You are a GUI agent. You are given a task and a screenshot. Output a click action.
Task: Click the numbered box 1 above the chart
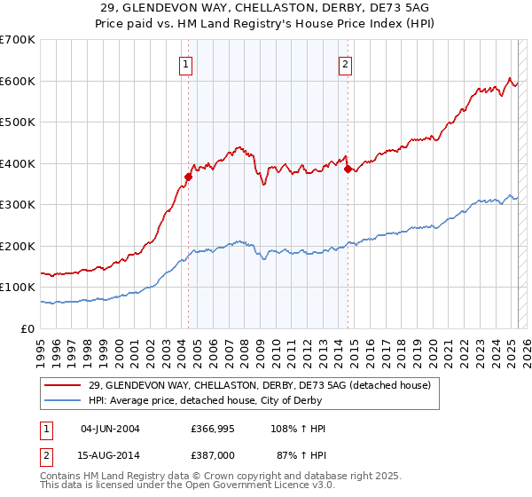tap(186, 63)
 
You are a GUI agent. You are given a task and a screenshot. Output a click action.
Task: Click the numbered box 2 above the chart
tap(344, 63)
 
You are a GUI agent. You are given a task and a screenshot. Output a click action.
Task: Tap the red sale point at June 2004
tap(188, 177)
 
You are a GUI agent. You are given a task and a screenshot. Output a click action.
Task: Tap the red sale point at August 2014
tap(348, 169)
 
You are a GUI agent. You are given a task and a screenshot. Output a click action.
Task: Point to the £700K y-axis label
tap(18, 40)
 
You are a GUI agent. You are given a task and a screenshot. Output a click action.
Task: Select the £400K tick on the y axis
tap(18, 163)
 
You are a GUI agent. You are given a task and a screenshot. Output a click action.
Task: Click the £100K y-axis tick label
tap(18, 288)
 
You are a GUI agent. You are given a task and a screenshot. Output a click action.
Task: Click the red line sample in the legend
tap(65, 385)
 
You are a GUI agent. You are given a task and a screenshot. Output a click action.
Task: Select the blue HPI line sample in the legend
tap(65, 400)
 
